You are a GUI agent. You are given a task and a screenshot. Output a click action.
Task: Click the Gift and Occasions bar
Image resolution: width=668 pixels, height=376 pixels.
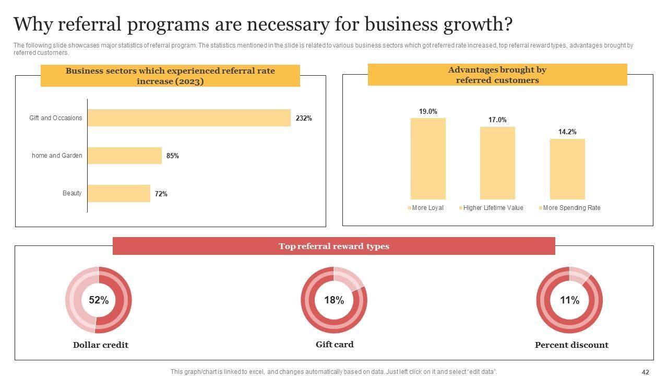click(x=189, y=118)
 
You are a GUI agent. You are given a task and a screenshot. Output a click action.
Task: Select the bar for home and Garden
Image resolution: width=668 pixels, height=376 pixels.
click(x=125, y=156)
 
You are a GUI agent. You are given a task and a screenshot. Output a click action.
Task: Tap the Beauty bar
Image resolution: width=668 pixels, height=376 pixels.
click(x=119, y=193)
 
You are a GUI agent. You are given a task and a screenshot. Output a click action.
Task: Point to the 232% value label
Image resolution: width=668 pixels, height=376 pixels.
click(x=304, y=119)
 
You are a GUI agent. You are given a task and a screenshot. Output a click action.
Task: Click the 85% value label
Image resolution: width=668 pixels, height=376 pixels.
click(x=173, y=156)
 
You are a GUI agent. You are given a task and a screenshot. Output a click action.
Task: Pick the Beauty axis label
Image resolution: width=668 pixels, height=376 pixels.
click(x=72, y=193)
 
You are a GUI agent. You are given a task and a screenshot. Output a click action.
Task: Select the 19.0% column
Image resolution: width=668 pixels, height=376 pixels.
click(x=428, y=159)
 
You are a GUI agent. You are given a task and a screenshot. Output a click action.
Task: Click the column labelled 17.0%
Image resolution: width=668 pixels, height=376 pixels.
click(x=497, y=163)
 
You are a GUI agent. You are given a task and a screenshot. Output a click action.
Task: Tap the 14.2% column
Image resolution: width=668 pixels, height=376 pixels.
click(x=567, y=169)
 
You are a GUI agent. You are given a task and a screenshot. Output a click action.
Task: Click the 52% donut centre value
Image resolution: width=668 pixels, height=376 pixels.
click(x=99, y=300)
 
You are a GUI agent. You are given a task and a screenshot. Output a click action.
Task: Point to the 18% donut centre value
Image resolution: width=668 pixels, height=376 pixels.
click(x=334, y=300)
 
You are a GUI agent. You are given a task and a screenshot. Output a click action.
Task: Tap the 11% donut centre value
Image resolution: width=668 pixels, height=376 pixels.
click(x=569, y=300)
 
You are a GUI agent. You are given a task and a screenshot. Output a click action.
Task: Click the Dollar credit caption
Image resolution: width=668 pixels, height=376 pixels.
click(x=101, y=345)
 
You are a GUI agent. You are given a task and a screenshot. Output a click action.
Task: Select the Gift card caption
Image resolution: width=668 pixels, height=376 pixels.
click(x=335, y=345)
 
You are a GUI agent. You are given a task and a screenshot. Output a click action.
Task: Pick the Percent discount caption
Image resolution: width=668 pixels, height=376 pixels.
click(x=571, y=345)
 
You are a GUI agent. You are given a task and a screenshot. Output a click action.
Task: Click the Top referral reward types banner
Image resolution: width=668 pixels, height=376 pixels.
click(x=334, y=246)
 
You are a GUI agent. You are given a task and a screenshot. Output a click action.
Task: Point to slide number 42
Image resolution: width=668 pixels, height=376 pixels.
click(x=646, y=372)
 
